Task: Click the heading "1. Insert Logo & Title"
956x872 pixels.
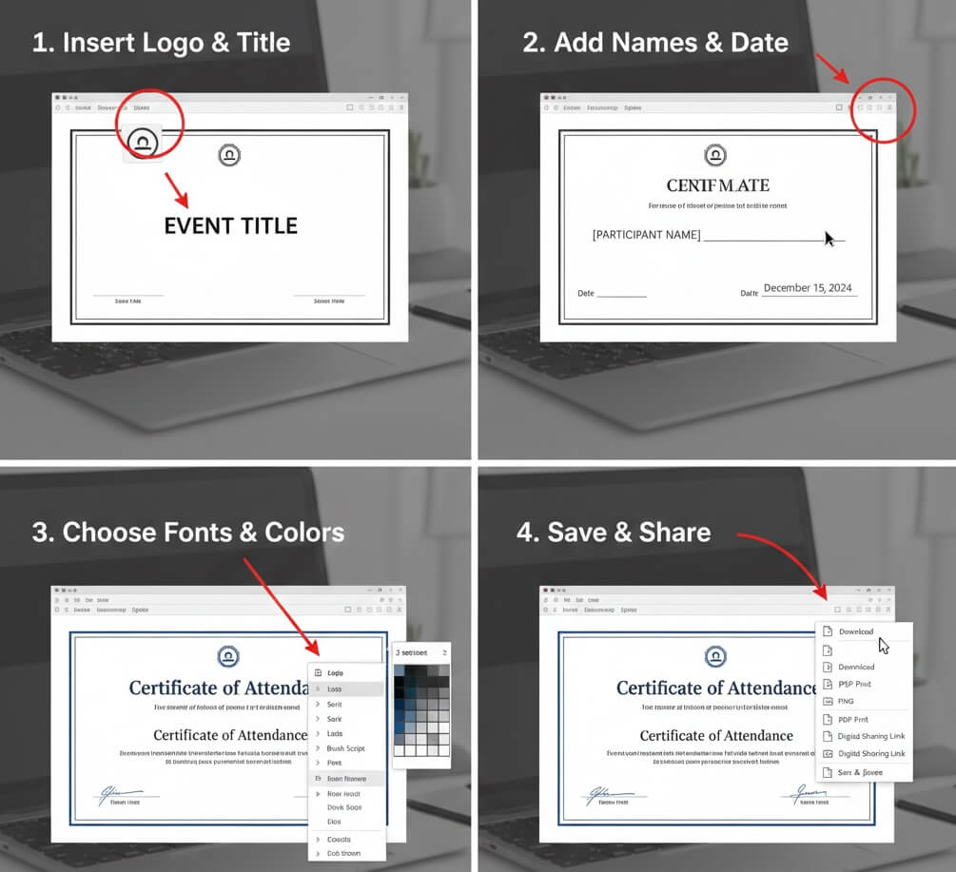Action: [x=161, y=42]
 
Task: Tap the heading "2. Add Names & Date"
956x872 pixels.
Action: [x=655, y=42]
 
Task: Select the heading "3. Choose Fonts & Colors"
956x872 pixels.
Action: [x=188, y=532]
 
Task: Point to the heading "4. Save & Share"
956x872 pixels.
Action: [x=614, y=532]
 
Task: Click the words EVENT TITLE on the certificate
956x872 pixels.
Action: [x=231, y=226]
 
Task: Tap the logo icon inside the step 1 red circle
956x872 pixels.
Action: [x=143, y=144]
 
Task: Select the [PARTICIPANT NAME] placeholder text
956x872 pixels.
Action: [x=646, y=235]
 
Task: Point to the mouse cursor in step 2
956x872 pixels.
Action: [x=829, y=239]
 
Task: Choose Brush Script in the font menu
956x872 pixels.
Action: [x=345, y=748]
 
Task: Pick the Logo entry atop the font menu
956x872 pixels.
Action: [x=335, y=673]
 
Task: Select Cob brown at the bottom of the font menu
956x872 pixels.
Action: [x=343, y=853]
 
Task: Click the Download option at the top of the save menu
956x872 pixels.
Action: [x=855, y=632]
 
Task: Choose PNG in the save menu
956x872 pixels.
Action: [x=846, y=701]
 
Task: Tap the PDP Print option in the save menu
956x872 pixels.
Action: [x=853, y=720]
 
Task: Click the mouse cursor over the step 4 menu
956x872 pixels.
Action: [x=883, y=646]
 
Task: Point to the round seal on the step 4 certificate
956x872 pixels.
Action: [x=714, y=656]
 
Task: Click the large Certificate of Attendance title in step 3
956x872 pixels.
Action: [x=218, y=688]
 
